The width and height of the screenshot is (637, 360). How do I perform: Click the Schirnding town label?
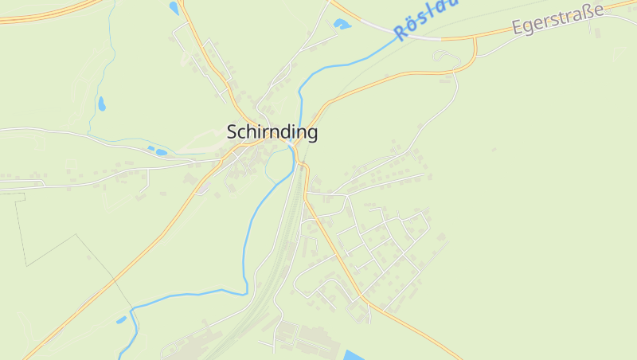tap(272, 132)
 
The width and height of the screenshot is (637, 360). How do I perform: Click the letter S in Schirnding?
tap(233, 132)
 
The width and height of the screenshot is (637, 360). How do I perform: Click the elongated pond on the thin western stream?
tap(101, 104)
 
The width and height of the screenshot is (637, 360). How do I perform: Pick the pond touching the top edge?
tap(174, 8)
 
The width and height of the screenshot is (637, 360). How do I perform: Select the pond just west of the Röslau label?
tap(342, 25)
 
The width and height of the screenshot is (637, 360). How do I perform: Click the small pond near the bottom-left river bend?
tap(121, 320)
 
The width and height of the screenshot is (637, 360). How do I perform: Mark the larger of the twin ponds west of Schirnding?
tap(160, 151)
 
